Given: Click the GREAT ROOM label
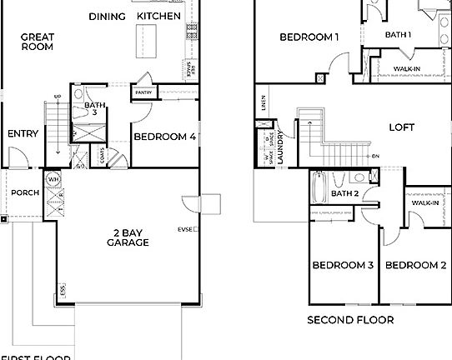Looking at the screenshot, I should click(x=37, y=42).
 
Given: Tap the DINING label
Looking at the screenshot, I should click(x=107, y=17).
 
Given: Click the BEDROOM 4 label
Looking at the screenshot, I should click(x=164, y=137).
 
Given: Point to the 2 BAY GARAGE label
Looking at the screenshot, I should click(x=128, y=237).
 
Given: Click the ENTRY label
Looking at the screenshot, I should click(x=23, y=133).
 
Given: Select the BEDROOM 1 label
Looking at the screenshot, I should click(x=309, y=37).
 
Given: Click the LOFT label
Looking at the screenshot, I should click(x=402, y=127).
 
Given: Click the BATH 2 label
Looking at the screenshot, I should click(x=344, y=194).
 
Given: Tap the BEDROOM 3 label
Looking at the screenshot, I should click(x=343, y=266).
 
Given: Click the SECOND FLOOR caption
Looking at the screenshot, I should click(x=350, y=319).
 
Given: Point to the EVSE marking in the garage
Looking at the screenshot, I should click(x=184, y=229).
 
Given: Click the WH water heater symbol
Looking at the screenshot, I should click(x=53, y=179).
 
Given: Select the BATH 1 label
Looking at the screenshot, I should click(x=398, y=34).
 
